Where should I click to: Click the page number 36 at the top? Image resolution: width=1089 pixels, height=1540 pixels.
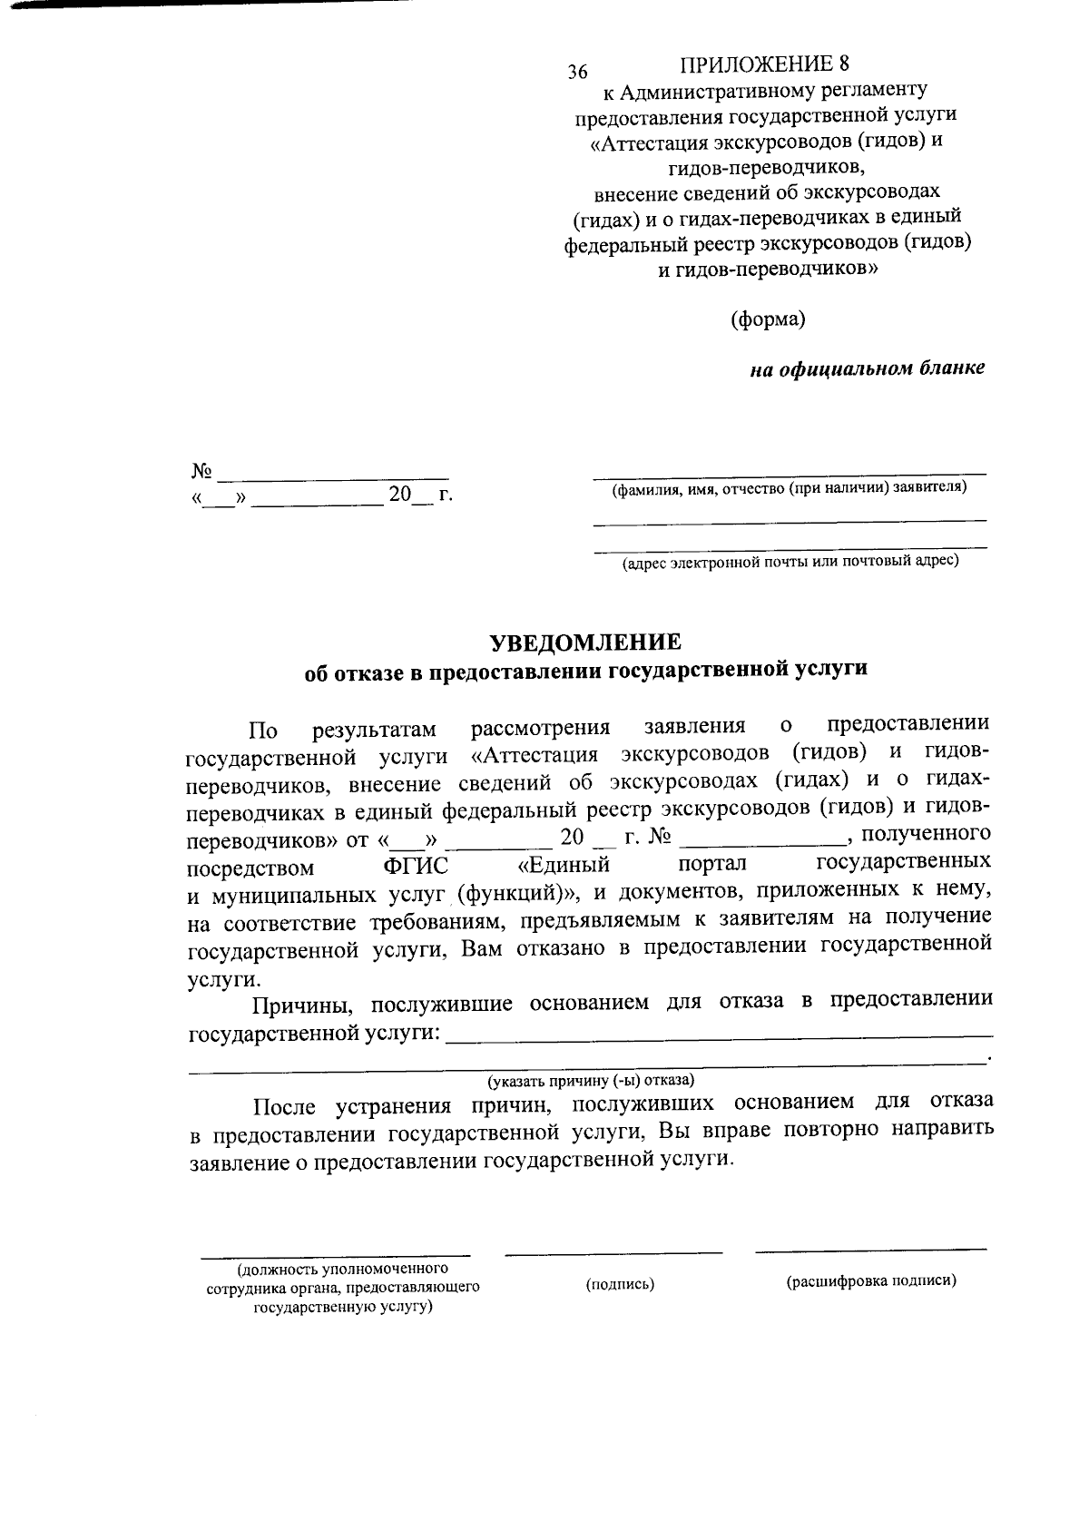pyautogui.click(x=578, y=73)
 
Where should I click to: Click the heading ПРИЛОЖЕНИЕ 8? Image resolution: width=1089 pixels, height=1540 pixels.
pyautogui.click(x=766, y=64)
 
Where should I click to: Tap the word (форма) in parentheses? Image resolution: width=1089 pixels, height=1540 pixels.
pyautogui.click(x=768, y=319)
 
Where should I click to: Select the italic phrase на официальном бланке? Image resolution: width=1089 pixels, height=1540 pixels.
pyautogui.click(x=867, y=369)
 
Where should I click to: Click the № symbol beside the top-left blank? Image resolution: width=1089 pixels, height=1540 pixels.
pyautogui.click(x=201, y=471)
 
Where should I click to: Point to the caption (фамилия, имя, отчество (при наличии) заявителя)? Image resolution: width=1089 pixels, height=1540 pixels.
pyautogui.click(x=790, y=488)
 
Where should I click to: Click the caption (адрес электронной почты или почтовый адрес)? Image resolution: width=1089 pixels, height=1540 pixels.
pyautogui.click(x=790, y=562)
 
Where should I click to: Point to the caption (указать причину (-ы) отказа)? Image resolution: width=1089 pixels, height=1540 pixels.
pyautogui.click(x=591, y=1081)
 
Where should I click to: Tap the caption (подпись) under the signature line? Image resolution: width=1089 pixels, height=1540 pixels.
pyautogui.click(x=621, y=1284)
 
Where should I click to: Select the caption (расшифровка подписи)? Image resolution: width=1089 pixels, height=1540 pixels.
pyautogui.click(x=871, y=1281)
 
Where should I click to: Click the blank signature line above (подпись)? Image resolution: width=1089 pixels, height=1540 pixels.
pyautogui.click(x=613, y=1253)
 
